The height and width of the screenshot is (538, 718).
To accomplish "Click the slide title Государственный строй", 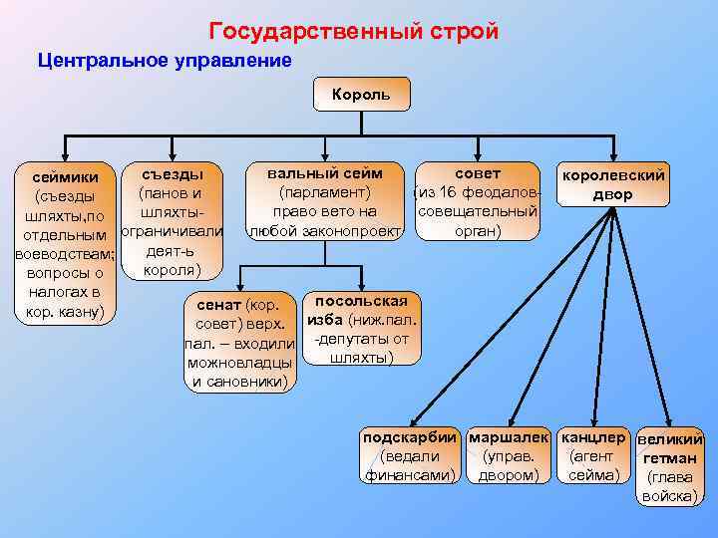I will click(x=354, y=32).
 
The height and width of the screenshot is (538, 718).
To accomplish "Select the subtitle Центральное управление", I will click(x=165, y=61).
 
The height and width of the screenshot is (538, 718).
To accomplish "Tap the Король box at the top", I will click(x=352, y=97).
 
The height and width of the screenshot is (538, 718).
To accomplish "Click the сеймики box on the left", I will click(x=63, y=244).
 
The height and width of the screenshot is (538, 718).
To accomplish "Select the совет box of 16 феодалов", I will click(x=478, y=201).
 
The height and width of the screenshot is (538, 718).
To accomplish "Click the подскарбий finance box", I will click(x=410, y=456).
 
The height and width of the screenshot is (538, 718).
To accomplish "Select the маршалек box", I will click(x=509, y=456).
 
